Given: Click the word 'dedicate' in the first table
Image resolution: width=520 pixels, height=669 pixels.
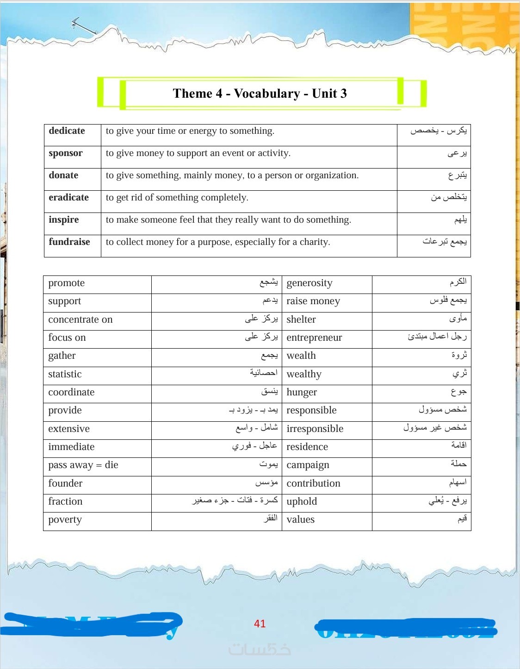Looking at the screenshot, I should point(67,131).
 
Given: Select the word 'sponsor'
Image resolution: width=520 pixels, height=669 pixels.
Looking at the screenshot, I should point(66,153).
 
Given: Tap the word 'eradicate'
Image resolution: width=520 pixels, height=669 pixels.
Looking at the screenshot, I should point(68,198).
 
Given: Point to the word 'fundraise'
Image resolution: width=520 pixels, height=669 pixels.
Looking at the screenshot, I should point(69,242).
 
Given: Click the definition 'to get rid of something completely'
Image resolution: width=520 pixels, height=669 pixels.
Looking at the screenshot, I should point(177,198).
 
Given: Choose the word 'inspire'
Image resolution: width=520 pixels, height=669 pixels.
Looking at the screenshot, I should point(64,220).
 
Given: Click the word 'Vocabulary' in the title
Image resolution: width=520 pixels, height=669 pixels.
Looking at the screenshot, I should point(267,94).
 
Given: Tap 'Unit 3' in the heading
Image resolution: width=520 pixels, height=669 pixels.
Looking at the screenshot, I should point(329,94).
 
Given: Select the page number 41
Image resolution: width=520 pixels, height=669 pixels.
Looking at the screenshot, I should point(260,624).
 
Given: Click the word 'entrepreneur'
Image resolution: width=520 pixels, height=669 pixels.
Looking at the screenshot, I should point(314,338).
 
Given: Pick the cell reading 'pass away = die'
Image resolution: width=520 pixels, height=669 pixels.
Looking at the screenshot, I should point(83,465).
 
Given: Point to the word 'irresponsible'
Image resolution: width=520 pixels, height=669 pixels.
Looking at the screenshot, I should point(315,429).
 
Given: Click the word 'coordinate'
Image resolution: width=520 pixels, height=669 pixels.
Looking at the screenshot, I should point(71,393).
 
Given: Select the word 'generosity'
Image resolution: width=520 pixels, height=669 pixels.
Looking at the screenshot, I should point(310,283).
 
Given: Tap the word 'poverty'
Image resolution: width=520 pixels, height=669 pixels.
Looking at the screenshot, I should point(65,520).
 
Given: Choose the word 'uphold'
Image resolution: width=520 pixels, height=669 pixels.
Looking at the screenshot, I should point(302,502).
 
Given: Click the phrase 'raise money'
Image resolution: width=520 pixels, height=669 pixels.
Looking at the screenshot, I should point(313,301).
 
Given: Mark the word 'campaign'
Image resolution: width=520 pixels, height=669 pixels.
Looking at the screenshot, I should point(308,465).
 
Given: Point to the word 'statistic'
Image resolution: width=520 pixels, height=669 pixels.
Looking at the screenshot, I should point(65,375).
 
